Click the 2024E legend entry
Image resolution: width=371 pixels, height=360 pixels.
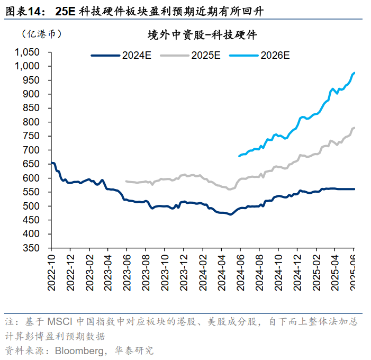(x=121, y=55)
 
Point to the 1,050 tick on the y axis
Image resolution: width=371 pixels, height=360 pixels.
(x=27, y=52)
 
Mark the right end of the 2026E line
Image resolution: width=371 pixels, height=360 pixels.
(x=354, y=73)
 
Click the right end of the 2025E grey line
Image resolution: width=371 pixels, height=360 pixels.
(x=354, y=128)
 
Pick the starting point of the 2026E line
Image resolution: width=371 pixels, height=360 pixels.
(x=239, y=156)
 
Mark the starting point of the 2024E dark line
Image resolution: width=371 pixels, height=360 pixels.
(x=52, y=163)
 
